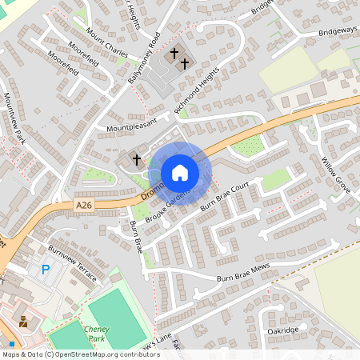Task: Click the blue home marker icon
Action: click(x=180, y=173)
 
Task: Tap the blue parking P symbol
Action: click(x=46, y=270)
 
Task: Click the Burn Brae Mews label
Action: click(x=244, y=273)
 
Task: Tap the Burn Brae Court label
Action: click(x=230, y=197)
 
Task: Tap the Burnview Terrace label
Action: click(x=73, y=263)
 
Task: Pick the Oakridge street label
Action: click(x=282, y=330)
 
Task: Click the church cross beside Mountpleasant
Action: click(x=136, y=160)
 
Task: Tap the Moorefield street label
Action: click(x=63, y=62)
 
